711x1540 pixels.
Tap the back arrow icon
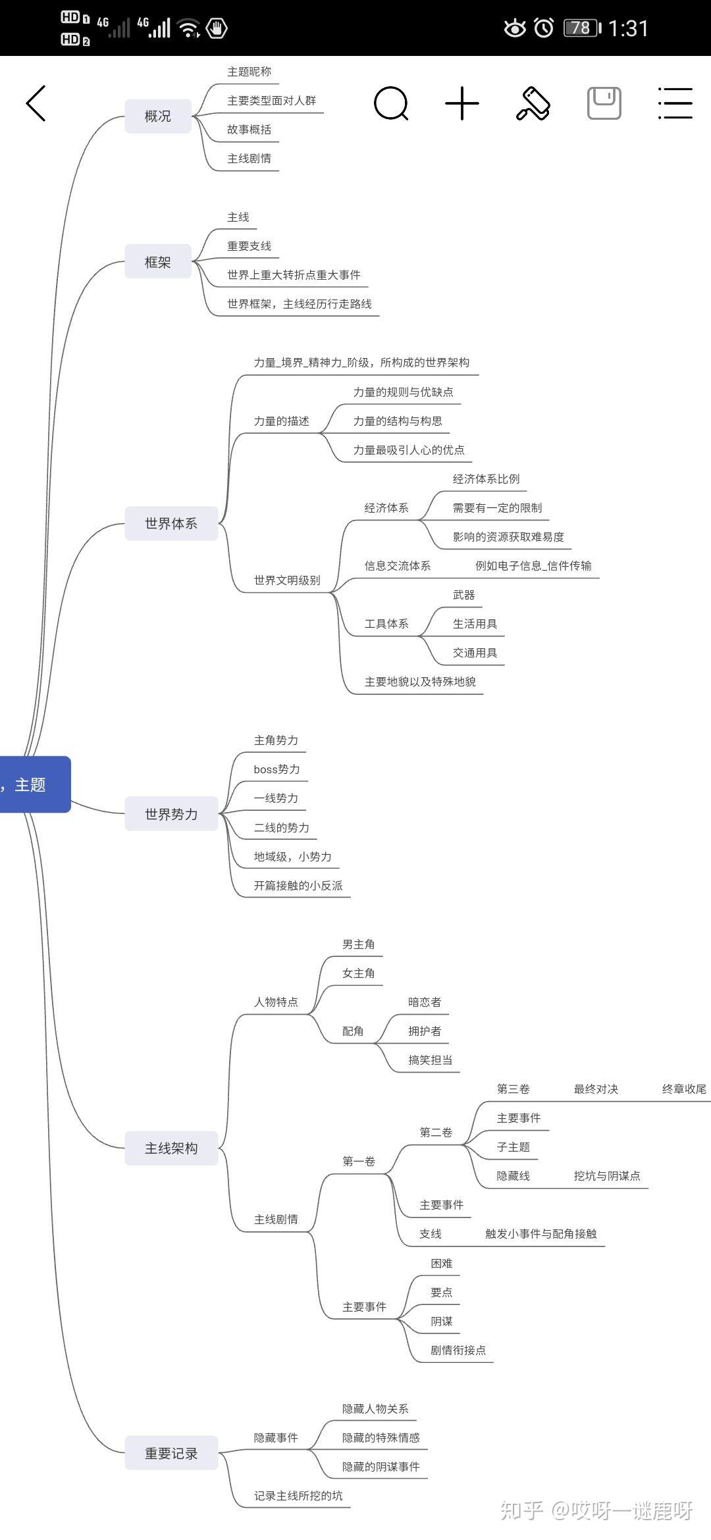coord(36,103)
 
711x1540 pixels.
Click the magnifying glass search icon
coord(391,103)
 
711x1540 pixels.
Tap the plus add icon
coord(462,103)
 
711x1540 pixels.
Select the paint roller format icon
coord(533,103)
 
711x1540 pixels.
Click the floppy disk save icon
coord(604,103)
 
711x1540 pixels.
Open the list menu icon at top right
coord(675,103)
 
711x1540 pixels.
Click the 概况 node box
coord(158,116)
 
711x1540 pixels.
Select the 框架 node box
coord(158,262)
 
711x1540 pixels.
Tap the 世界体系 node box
coord(171,524)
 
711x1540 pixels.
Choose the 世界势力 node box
coord(171,814)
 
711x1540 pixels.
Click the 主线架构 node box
coord(171,1148)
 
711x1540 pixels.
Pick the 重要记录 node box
coord(171,1454)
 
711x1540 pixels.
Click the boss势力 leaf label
coord(276,769)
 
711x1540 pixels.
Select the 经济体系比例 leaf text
coord(486,479)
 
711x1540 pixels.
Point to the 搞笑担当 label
coord(430,1060)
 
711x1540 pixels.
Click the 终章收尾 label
coord(684,1089)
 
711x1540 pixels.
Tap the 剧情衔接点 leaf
coord(458,1350)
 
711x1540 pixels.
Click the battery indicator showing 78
coord(581,28)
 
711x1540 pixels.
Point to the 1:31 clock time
coord(628,28)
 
